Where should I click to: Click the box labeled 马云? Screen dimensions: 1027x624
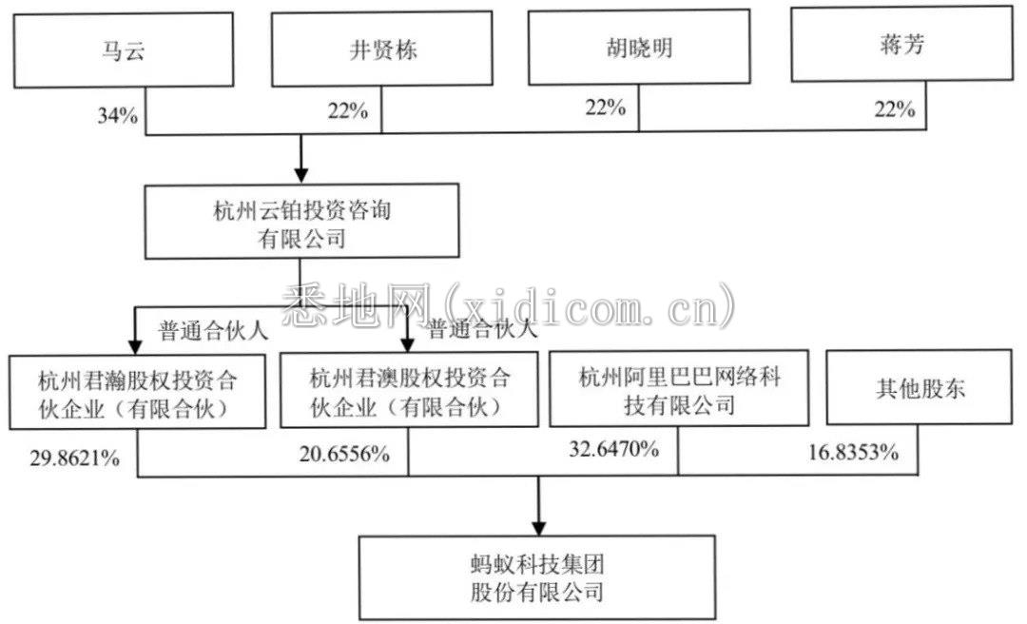[124, 49]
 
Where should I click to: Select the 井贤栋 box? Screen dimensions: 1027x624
[382, 49]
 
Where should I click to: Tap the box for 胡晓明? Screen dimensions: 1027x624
[639, 47]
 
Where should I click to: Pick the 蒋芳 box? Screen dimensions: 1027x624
[901, 44]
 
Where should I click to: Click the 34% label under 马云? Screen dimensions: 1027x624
[118, 115]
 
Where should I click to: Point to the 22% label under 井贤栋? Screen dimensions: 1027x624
[348, 111]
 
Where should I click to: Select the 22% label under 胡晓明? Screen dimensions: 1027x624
[605, 107]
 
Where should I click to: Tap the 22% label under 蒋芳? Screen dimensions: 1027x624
[895, 108]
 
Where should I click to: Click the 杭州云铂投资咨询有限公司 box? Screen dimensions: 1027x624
[302, 221]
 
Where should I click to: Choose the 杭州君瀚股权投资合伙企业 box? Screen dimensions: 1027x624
[138, 392]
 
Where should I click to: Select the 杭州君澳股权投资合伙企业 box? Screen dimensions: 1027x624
[409, 389]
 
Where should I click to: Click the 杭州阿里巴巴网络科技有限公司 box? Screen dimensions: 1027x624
[679, 388]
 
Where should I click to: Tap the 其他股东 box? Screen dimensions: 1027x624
[920, 387]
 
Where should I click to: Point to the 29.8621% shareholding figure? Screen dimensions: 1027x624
[75, 458]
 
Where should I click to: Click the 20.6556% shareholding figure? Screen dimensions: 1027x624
[344, 454]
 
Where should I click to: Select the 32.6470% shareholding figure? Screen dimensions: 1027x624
[613, 449]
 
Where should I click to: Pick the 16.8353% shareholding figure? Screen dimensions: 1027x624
[853, 452]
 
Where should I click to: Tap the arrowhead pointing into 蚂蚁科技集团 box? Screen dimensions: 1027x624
[538, 528]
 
